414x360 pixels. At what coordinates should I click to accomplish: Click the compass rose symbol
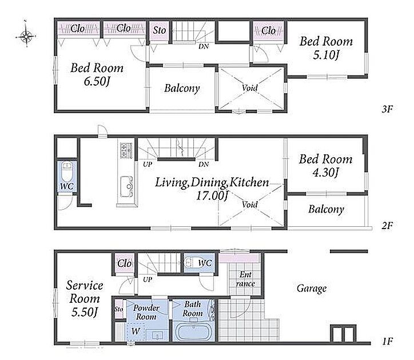[x=26, y=35]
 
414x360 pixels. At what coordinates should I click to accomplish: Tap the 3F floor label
[x=387, y=109]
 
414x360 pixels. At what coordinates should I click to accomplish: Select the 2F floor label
[x=387, y=225]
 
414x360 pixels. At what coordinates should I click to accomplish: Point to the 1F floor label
[x=388, y=342]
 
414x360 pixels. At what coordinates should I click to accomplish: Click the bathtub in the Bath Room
[x=193, y=332]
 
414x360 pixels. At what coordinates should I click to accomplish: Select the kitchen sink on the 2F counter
[x=126, y=187]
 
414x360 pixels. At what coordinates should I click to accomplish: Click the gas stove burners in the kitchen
[x=126, y=150]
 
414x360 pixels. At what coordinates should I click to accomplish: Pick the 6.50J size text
[x=97, y=81]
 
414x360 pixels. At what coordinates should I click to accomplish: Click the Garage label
[x=312, y=288]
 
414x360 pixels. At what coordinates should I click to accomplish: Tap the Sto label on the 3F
[x=160, y=30]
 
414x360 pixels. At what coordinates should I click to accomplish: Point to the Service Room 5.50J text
[x=85, y=298]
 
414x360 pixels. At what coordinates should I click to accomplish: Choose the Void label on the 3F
[x=250, y=87]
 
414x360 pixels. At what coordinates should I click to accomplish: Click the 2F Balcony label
[x=327, y=209]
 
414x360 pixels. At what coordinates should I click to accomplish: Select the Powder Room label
[x=146, y=312]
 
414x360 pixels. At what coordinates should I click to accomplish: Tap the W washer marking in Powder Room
[x=136, y=331]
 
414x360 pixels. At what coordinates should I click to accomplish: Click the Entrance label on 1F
[x=245, y=279]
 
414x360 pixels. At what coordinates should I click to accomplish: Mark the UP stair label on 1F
[x=148, y=279]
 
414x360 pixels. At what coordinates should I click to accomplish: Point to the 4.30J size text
[x=325, y=173]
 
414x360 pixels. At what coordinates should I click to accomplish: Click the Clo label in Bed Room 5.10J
[x=268, y=31]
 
